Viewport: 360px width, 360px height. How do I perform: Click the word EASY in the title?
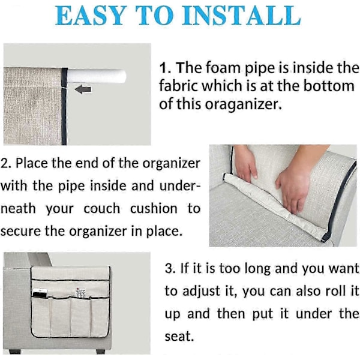coord(91,15)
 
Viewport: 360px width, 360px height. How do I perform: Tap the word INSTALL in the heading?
coord(241,15)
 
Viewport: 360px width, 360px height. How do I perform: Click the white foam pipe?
coord(97,76)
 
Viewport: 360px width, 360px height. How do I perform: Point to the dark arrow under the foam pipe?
coord(83,89)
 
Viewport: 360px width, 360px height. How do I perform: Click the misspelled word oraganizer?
coord(243,104)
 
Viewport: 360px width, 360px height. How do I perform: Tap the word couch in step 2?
coord(102,209)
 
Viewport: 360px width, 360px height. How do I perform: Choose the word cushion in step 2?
coord(154,209)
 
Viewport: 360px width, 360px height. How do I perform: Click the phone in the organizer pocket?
coord(40,293)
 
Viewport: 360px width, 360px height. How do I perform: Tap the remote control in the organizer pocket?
coord(80,293)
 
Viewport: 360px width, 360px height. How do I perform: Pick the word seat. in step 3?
coord(179,337)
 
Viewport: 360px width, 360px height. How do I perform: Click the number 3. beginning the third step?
coord(170,268)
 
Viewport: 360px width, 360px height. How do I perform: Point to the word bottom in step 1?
coord(329,86)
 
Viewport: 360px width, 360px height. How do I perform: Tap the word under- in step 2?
coord(180,186)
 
